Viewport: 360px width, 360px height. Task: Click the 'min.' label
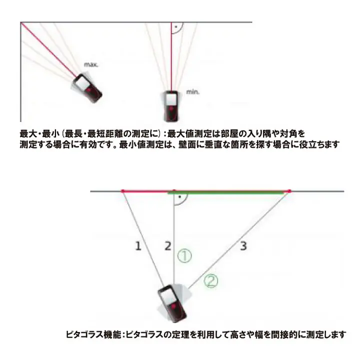[193, 92]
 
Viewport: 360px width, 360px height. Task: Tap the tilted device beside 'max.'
[88, 88]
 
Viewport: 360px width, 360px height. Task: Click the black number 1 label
[138, 245]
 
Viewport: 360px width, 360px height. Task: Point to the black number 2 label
[168, 245]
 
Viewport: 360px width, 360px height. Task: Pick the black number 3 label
[243, 245]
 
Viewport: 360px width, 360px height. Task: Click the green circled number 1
[184, 256]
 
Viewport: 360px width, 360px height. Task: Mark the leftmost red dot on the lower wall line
[122, 191]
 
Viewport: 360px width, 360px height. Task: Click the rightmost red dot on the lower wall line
[289, 191]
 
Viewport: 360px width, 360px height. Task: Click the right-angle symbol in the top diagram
[175, 27]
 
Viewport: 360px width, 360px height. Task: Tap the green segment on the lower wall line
[230, 191]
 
